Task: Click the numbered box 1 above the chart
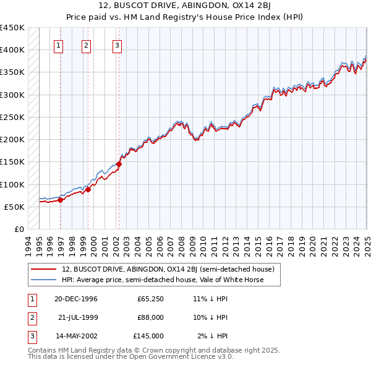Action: (58, 45)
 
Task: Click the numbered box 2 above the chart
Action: (86, 45)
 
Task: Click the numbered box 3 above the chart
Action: (117, 45)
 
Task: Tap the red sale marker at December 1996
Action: (61, 200)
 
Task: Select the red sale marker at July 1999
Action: (88, 189)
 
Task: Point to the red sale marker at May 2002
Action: (119, 164)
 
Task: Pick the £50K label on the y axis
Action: (15, 207)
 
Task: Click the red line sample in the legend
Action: (44, 269)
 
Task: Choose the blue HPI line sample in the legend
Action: (44, 280)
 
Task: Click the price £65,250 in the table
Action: (150, 299)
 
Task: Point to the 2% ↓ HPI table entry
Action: (213, 336)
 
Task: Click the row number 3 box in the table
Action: (30, 336)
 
